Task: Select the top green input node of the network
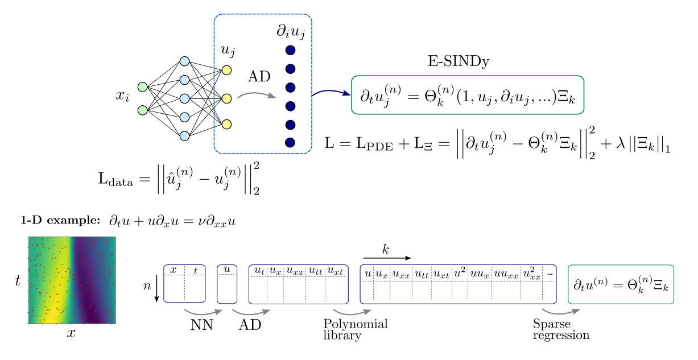(143, 87)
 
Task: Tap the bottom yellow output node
(226, 124)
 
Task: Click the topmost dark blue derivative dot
(290, 50)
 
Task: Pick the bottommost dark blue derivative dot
(290, 143)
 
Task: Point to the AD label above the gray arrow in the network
(259, 77)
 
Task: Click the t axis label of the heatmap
(18, 280)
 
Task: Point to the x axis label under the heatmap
(71, 334)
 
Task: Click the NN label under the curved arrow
(201, 325)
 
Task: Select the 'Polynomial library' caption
(355, 330)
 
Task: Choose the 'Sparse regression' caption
(560, 330)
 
